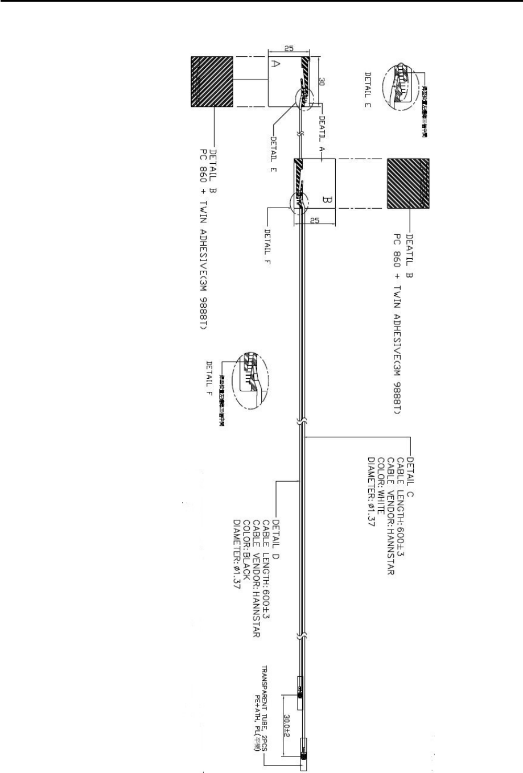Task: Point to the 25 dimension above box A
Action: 289,49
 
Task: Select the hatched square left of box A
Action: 212,82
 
